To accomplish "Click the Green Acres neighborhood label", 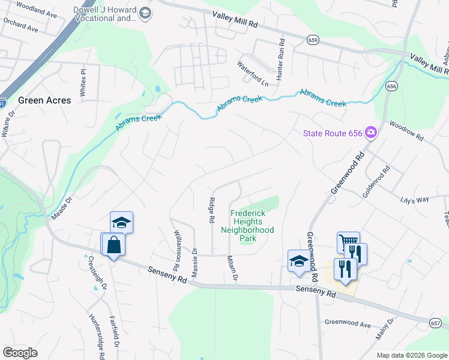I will [44, 100].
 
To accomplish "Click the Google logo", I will [20, 352].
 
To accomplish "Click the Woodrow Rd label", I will [406, 131].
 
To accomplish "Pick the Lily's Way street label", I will [415, 198].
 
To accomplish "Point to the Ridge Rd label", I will [211, 211].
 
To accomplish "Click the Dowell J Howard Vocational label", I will [104, 14].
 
